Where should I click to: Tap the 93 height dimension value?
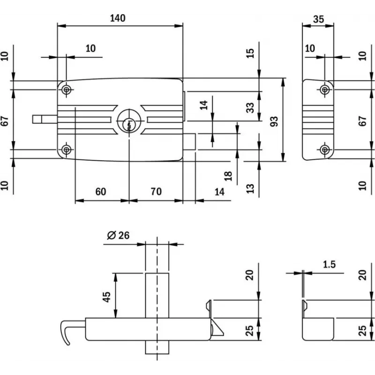(x=275, y=120)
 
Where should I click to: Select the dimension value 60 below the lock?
(x=100, y=191)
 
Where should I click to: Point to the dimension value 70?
(x=156, y=191)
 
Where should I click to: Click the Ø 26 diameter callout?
(x=118, y=235)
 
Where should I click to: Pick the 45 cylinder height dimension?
(x=106, y=296)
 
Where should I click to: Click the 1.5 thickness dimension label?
(x=329, y=264)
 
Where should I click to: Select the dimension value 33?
(x=250, y=107)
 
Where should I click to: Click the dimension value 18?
(x=228, y=176)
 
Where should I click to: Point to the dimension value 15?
(x=250, y=52)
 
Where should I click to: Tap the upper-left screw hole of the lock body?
(x=67, y=89)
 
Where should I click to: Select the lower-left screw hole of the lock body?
(x=67, y=150)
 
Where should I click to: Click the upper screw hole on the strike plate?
(x=324, y=89)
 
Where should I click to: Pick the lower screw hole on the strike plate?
(x=324, y=150)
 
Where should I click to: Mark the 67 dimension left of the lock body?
(x=5, y=120)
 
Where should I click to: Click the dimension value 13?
(x=250, y=188)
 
